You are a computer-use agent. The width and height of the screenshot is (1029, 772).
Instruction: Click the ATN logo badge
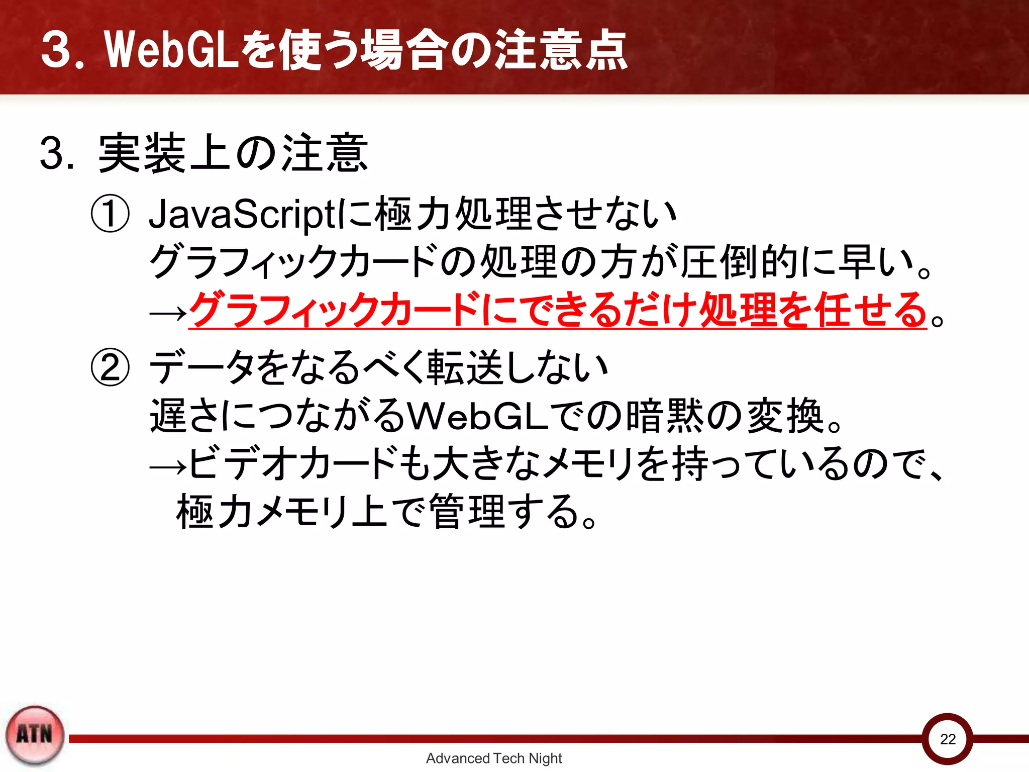(x=35, y=735)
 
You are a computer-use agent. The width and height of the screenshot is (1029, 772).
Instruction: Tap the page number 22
(x=948, y=739)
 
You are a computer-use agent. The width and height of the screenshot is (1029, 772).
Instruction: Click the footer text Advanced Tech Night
(x=493, y=758)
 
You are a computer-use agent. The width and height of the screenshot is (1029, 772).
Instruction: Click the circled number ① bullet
(x=110, y=214)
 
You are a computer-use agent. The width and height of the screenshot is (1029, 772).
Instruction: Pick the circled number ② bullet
(x=110, y=367)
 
